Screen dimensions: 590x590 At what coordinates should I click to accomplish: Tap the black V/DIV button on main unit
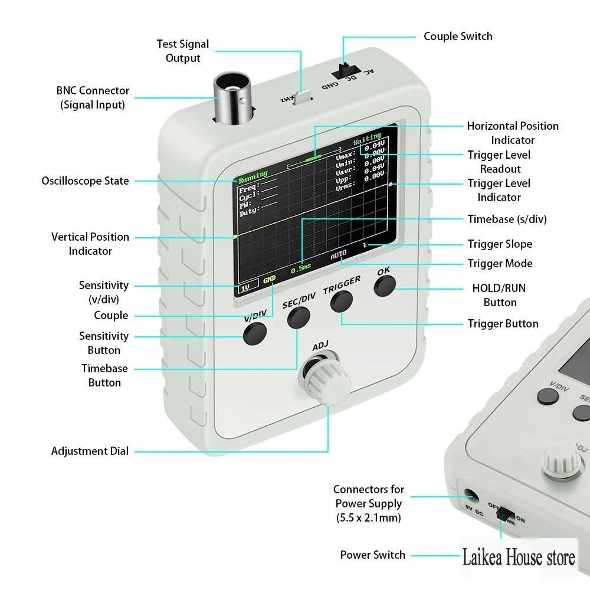254,333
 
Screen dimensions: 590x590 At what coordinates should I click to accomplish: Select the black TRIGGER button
341,301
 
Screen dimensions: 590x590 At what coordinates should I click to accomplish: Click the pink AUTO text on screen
339,255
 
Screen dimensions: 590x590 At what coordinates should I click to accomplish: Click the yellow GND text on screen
269,279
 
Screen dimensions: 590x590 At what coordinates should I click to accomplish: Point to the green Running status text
253,174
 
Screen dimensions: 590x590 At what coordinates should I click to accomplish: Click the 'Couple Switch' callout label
458,37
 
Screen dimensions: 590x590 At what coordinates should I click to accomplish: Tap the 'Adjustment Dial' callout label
90,451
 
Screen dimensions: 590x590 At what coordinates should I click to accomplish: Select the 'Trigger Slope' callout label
500,244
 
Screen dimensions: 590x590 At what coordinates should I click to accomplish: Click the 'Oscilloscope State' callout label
85,181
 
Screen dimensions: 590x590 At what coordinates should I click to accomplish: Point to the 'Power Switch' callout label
372,555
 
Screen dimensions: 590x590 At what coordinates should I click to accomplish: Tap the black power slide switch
504,514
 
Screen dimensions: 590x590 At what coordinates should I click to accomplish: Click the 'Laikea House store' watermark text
519,556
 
